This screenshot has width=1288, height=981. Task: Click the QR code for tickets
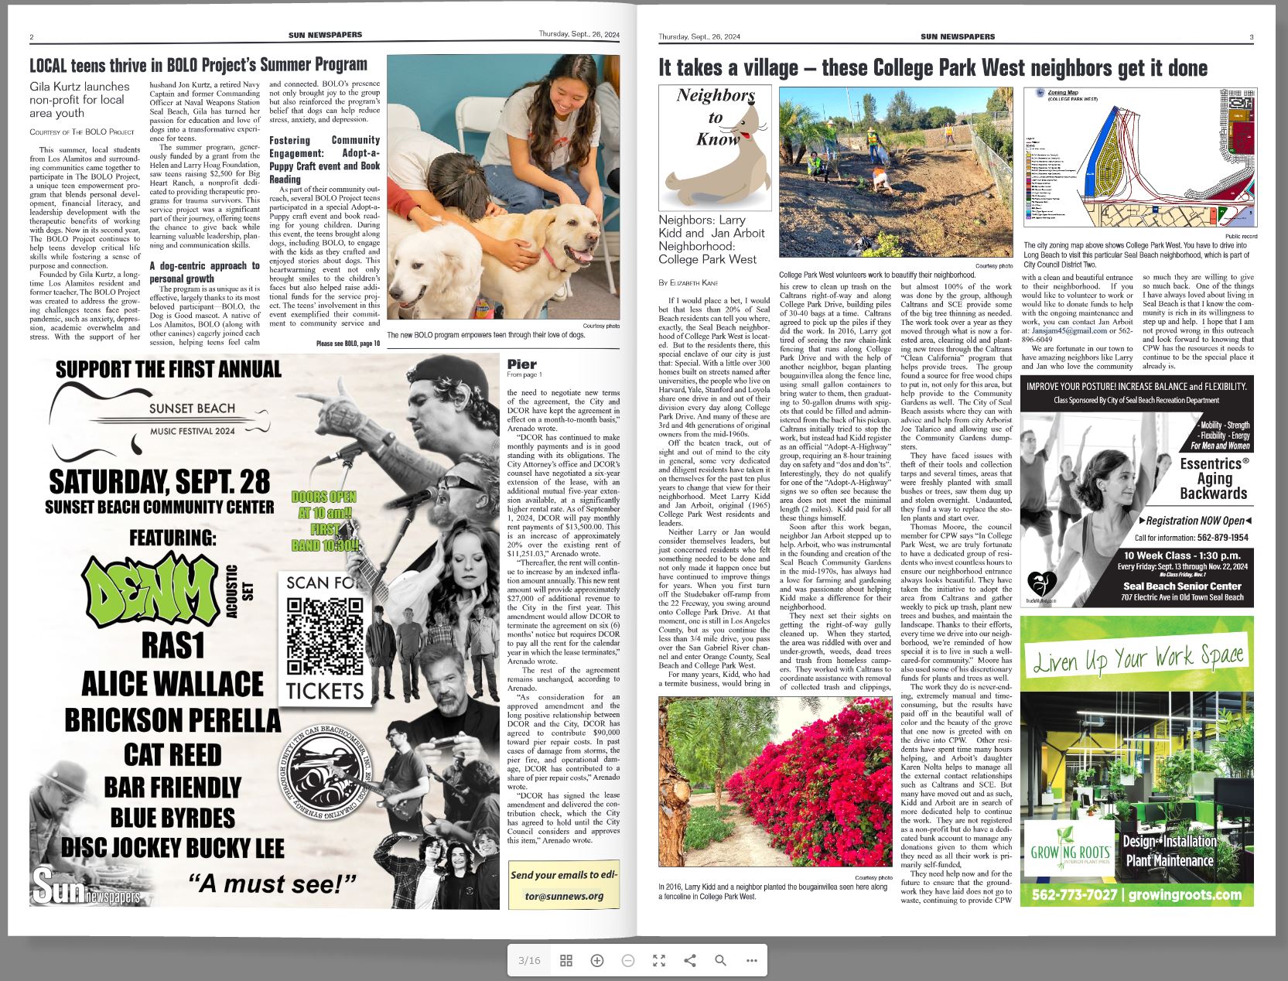pyautogui.click(x=325, y=637)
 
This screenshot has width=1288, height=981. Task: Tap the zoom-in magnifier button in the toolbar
pyautogui.click(x=597, y=960)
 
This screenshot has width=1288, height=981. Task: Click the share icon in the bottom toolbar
pyautogui.click(x=689, y=960)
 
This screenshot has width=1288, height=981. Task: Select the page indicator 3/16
pyautogui.click(x=529, y=960)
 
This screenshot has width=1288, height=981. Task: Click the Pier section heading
pyautogui.click(x=521, y=364)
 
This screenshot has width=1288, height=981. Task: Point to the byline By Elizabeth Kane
pyautogui.click(x=688, y=282)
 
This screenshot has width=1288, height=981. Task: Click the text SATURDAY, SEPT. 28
pyautogui.click(x=159, y=481)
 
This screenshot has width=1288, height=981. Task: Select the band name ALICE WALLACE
pyautogui.click(x=173, y=684)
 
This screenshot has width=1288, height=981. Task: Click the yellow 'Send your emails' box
pyautogui.click(x=564, y=885)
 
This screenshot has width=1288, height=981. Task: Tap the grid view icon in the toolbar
pyautogui.click(x=566, y=960)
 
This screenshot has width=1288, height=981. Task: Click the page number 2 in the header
pyautogui.click(x=32, y=37)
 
